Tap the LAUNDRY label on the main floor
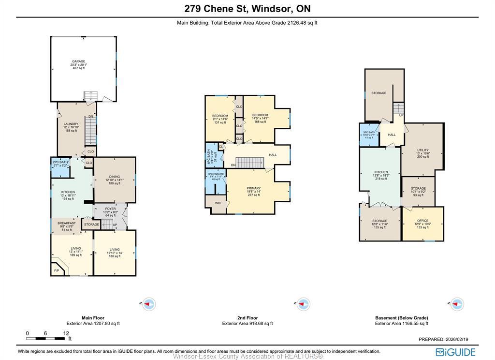[71, 124]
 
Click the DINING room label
[114, 177]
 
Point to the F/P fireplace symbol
[56, 270]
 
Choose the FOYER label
[111, 209]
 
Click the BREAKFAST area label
[66, 223]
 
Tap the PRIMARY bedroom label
[253, 189]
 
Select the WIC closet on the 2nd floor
[218, 203]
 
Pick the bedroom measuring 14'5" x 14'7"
[260, 115]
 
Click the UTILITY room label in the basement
[422, 150]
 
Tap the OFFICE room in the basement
[422, 221]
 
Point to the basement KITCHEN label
[380, 172]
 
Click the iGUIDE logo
[455, 352]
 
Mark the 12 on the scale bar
[66, 333]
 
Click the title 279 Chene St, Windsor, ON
[247, 9]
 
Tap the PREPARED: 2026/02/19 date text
[447, 339]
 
